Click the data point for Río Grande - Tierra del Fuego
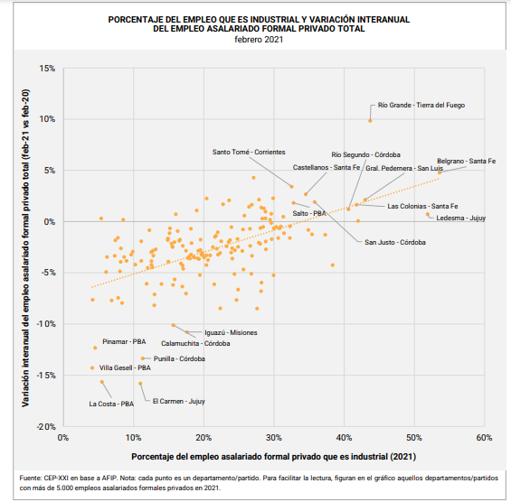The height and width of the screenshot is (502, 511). (x=370, y=120)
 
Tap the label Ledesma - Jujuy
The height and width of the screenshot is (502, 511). (x=460, y=218)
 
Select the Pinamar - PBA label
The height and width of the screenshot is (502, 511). (x=124, y=342)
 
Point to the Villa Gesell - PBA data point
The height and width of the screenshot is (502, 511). (x=92, y=367)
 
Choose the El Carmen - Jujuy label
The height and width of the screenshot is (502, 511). (x=178, y=401)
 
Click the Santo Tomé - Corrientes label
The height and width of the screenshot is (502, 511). (x=249, y=153)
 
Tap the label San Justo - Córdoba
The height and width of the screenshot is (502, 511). (x=394, y=242)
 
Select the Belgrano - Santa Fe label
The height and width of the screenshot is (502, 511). (x=466, y=161)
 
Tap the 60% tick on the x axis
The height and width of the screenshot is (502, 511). (x=483, y=437)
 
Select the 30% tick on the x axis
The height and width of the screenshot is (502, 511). (x=274, y=437)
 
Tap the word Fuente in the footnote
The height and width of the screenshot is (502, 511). (x=31, y=477)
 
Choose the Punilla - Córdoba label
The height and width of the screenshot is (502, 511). (x=179, y=358)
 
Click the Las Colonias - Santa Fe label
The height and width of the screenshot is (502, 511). (x=421, y=207)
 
